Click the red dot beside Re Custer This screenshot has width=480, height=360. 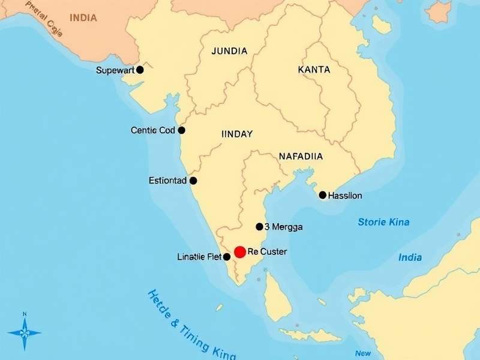240,251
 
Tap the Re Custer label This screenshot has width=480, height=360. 267,251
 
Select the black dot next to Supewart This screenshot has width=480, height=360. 140,70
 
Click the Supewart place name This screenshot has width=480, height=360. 116,70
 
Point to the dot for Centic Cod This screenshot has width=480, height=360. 182,130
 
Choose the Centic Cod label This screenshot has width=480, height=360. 153,130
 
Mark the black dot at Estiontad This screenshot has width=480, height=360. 193,181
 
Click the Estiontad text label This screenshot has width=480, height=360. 167,181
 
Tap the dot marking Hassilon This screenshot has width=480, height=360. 323,195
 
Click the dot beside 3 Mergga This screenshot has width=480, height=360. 259,227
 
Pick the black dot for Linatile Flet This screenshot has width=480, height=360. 227,257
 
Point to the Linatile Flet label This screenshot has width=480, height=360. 199,257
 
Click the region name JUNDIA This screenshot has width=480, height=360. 229,51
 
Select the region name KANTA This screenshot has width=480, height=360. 314,70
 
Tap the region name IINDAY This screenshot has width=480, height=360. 237,134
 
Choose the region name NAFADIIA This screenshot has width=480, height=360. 301,156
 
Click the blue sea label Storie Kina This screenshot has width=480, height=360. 383,222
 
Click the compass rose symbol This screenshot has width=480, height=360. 25,331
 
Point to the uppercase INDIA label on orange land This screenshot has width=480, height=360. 83,17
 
